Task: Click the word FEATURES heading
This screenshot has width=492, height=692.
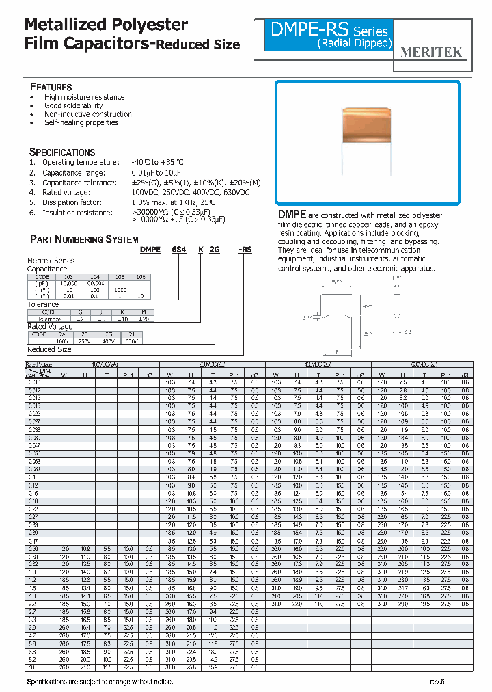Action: coord(51,88)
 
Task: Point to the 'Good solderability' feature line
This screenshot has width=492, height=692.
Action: coord(74,106)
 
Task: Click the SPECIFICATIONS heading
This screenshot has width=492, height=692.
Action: coord(62,152)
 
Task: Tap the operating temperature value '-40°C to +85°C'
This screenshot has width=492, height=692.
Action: coord(158,163)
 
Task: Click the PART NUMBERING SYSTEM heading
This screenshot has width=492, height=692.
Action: coord(84,239)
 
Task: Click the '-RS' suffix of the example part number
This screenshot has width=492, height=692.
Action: coord(245,250)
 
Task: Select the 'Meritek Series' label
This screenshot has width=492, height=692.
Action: coord(51,261)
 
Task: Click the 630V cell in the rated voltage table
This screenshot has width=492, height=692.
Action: coord(131,341)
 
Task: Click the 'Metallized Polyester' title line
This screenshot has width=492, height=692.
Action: coord(106,25)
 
